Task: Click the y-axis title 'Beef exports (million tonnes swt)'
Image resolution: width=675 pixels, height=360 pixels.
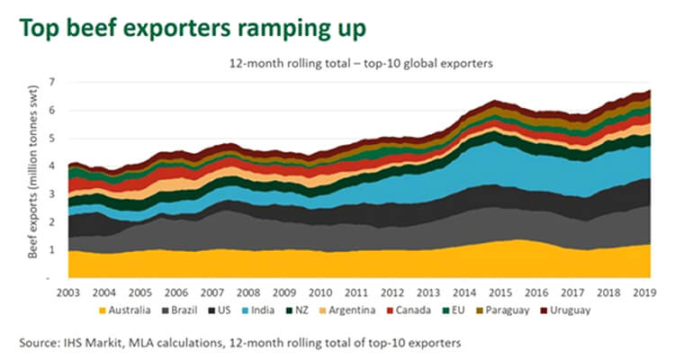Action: [x=33, y=179]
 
